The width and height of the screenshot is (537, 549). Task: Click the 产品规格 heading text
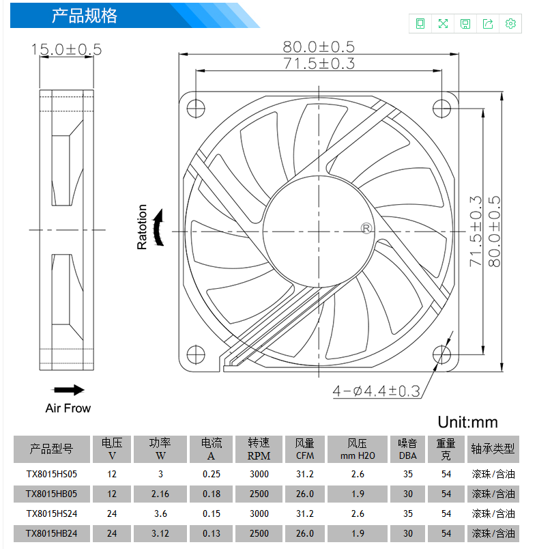pos(85,16)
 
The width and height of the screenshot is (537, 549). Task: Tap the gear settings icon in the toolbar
pos(510,23)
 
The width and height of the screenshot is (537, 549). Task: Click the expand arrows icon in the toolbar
pos(443,23)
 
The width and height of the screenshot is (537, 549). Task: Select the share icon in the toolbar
pos(488,23)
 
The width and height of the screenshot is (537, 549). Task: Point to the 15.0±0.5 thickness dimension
pos(66,49)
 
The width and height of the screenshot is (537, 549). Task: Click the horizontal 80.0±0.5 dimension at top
pos(319,46)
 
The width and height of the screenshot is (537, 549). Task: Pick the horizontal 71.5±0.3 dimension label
pos(319,64)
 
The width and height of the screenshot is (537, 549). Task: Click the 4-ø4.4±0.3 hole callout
pos(376,391)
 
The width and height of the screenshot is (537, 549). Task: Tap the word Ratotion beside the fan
pos(142,227)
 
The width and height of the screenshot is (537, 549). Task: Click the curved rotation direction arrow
pos(159,227)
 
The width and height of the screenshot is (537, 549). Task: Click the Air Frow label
pos(68,408)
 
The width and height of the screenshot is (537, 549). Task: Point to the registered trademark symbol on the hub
pos(366,229)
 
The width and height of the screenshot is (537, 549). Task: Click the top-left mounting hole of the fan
pos(196,109)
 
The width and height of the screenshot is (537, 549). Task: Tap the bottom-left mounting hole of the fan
pos(196,354)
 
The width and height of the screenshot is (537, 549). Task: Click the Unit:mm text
pos(467,422)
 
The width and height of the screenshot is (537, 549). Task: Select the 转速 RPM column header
pos(259,449)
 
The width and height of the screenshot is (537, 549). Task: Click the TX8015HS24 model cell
pos(52,513)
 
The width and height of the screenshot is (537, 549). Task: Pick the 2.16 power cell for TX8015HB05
pos(160,494)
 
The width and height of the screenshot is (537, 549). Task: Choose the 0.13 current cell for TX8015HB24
pos(212,533)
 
